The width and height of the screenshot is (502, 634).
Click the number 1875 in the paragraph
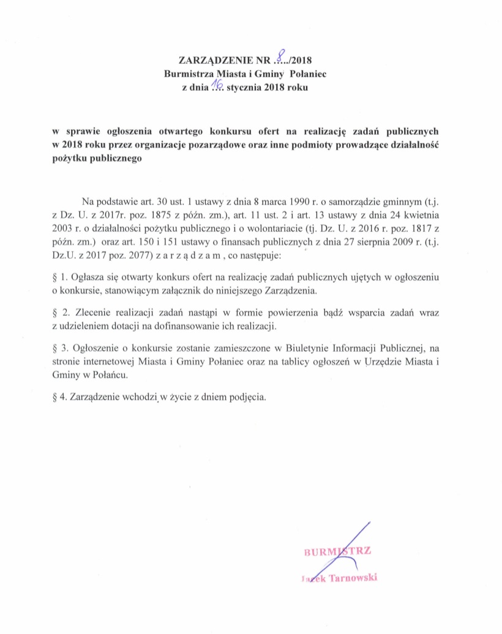[157, 215]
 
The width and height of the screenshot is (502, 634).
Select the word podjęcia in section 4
[248, 397]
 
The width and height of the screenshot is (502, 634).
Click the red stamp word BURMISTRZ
[337, 552]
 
